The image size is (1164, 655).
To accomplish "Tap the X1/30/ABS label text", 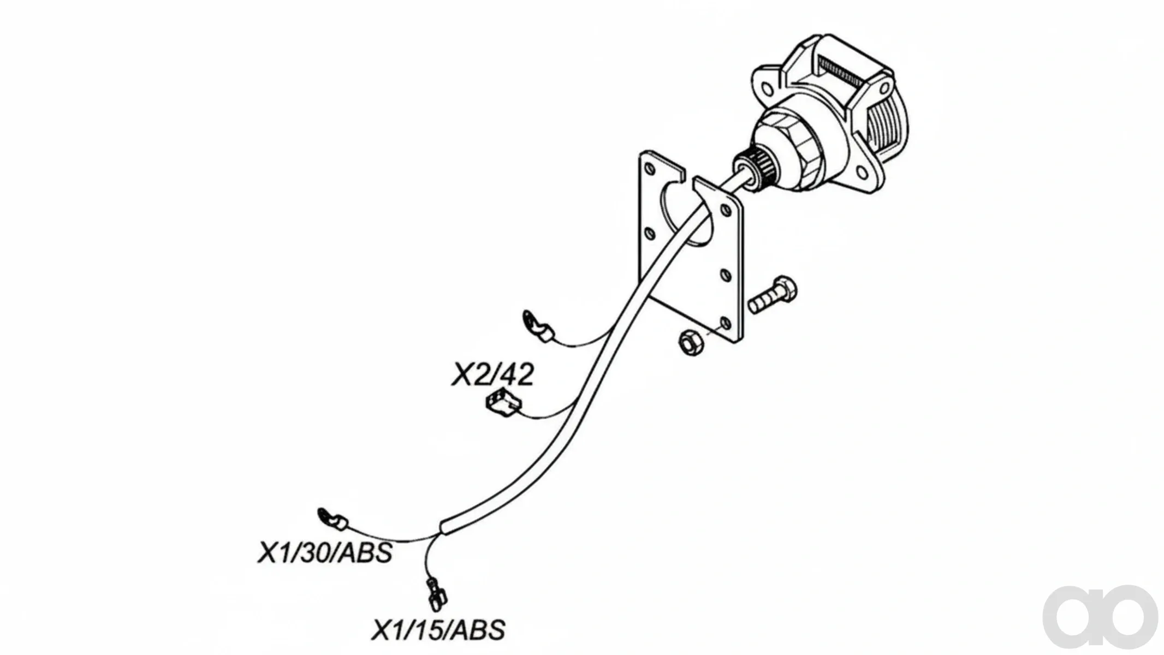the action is (325, 552).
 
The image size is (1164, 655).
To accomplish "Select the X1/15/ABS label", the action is (438, 630).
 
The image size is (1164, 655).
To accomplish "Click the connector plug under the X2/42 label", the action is (502, 404).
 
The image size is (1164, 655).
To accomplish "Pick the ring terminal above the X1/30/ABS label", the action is (331, 518).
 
